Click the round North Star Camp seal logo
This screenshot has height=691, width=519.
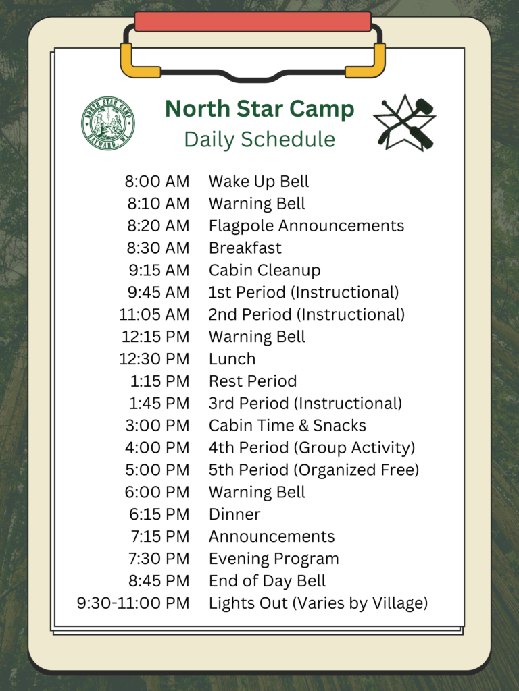(x=108, y=123)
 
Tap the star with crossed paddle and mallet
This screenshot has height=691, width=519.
(x=405, y=123)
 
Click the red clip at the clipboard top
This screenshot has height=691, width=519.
(x=253, y=22)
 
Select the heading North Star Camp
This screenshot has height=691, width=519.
(x=259, y=109)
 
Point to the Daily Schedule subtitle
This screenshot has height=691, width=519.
(x=259, y=139)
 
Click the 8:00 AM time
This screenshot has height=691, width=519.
(x=157, y=181)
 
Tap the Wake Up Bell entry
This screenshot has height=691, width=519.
(x=259, y=182)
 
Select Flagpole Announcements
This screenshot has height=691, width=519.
(x=306, y=225)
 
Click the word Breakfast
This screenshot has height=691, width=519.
(x=245, y=248)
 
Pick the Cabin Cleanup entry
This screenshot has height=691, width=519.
(x=264, y=270)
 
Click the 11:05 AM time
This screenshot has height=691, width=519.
(x=154, y=314)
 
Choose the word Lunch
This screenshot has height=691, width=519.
(x=232, y=359)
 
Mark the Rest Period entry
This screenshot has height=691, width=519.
(x=253, y=381)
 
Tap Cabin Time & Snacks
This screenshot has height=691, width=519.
(x=287, y=425)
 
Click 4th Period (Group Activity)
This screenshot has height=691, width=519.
(x=312, y=448)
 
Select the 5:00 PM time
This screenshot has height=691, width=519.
(x=157, y=470)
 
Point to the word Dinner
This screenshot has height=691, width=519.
(x=234, y=514)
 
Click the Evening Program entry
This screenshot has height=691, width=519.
(x=274, y=559)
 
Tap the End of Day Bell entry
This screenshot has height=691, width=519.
(x=267, y=581)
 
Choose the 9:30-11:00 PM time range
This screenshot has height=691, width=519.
(x=133, y=603)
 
